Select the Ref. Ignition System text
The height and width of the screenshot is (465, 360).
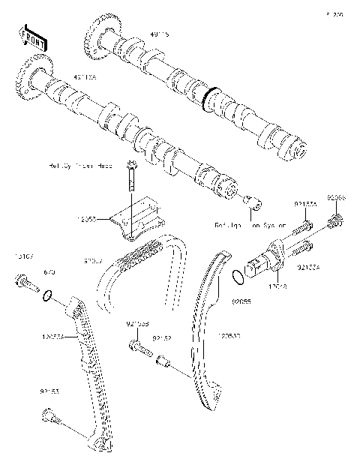(x=245, y=224)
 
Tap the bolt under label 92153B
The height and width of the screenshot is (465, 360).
(x=136, y=346)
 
